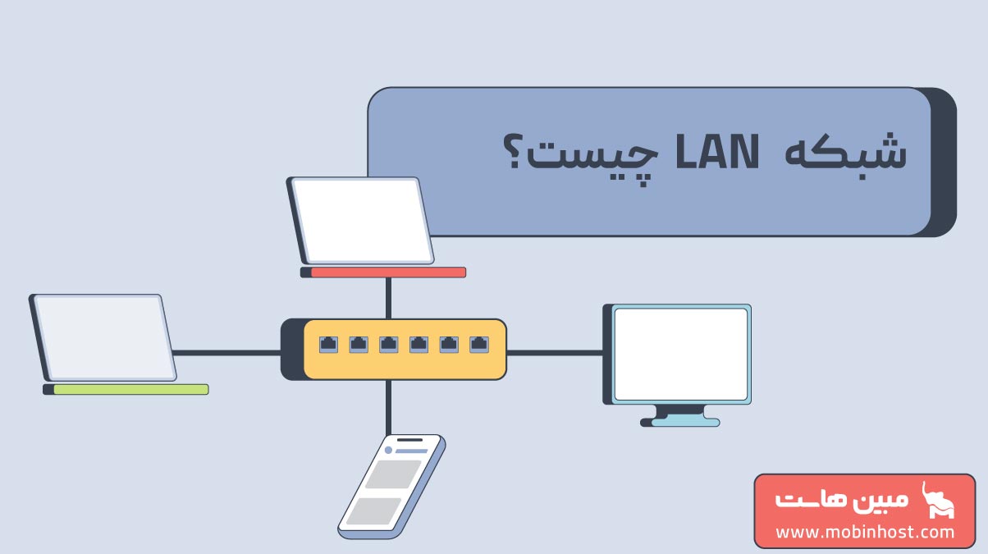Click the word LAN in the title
717,151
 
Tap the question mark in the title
515,151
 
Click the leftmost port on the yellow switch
328,345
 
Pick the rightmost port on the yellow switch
478,345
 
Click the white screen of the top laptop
362,221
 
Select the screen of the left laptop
105,337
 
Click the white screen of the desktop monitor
680,355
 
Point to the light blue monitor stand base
685,423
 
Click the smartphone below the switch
391,487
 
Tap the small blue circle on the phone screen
388,450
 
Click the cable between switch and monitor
555,353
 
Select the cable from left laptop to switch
226,353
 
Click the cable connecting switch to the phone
388,407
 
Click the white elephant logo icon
938,500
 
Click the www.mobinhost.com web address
865,533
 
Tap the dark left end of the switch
292,349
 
